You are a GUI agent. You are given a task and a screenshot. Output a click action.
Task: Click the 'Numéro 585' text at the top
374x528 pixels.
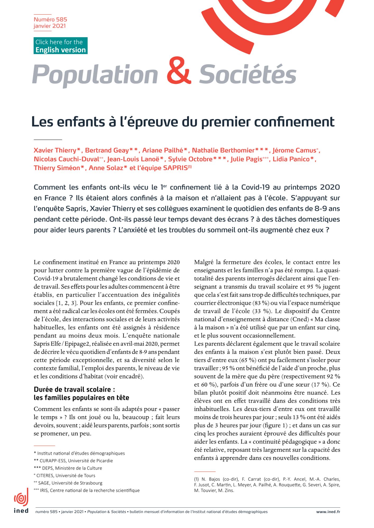(x=50, y=19)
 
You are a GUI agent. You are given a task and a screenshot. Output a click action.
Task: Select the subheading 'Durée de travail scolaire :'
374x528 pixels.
(x=74, y=389)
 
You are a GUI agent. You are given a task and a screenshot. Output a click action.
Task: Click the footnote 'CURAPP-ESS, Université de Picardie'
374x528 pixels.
(x=76, y=461)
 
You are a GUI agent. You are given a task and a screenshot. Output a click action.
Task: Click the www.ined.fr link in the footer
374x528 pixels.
(x=328, y=512)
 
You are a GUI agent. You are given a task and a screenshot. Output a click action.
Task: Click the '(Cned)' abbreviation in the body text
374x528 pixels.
(x=299, y=319)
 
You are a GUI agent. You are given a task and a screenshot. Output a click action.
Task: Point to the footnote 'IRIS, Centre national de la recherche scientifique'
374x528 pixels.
(x=90, y=490)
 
